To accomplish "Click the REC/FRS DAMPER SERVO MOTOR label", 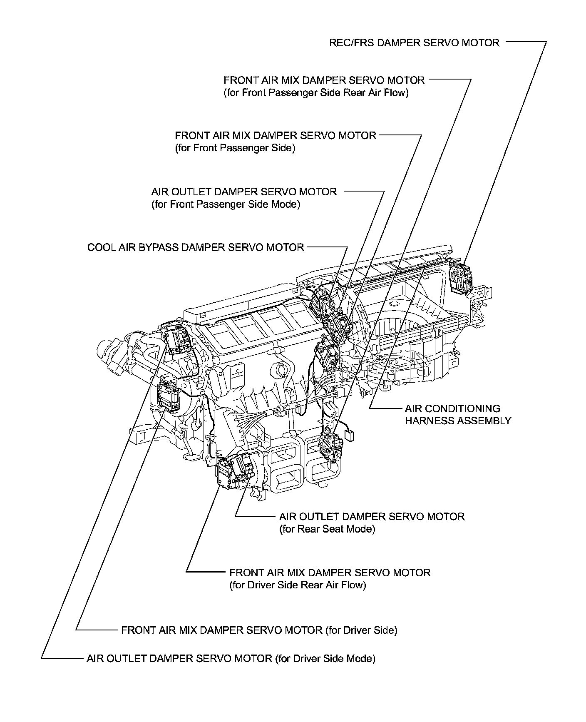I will click(x=414, y=42).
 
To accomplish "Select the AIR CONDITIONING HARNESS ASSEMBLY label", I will click(x=457, y=414).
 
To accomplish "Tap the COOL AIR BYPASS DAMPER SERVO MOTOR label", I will click(x=196, y=247).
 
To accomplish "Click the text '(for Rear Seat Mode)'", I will click(x=327, y=529).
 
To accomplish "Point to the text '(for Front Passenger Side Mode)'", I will click(x=226, y=204).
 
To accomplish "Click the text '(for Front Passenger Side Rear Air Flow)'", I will click(x=316, y=92).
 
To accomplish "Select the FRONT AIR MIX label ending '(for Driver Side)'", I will click(x=259, y=630).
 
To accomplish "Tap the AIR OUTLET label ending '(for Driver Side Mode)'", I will click(x=231, y=658).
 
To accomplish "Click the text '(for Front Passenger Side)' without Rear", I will click(x=235, y=148).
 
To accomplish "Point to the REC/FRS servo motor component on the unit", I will click(x=461, y=277).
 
